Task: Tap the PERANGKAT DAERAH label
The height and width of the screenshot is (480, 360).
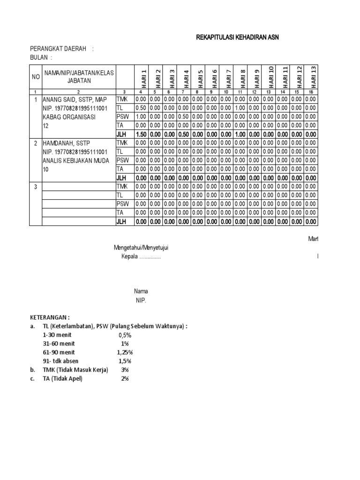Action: [60, 49]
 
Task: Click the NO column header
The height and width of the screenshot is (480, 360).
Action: [36, 76]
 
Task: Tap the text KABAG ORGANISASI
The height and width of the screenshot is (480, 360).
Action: [69, 117]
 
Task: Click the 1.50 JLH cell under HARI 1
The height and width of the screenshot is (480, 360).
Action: [141, 135]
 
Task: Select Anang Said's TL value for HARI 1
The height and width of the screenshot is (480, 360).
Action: [141, 108]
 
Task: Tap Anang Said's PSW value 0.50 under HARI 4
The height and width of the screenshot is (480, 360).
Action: [183, 117]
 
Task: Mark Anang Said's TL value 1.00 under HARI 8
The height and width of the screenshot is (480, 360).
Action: [240, 108]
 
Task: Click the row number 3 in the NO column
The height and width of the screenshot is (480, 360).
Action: [36, 187]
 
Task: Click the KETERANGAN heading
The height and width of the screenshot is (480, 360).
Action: [50, 317]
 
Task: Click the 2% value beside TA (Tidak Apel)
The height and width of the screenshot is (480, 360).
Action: [125, 379]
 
